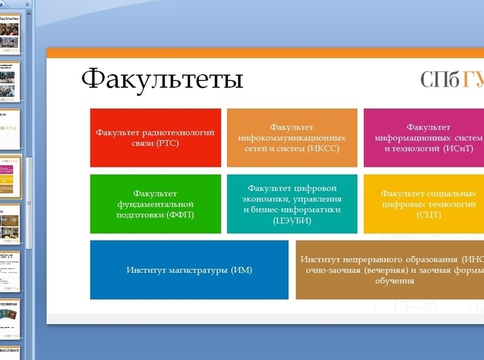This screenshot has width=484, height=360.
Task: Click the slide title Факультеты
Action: [x=162, y=79]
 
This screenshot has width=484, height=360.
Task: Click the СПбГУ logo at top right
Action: [x=452, y=79]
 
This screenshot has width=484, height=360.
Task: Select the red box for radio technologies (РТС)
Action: [x=155, y=137]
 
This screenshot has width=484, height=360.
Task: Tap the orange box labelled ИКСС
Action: [x=292, y=137]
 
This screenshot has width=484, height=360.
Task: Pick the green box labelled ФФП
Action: [x=155, y=204]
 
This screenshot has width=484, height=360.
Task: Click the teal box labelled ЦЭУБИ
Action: [x=292, y=204]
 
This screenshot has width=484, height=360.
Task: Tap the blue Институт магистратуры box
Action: [x=189, y=270]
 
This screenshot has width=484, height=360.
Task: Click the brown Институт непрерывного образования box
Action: [x=389, y=270]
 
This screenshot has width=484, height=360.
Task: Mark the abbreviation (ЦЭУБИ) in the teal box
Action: [x=292, y=220]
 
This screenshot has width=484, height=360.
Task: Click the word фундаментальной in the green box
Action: [x=155, y=204]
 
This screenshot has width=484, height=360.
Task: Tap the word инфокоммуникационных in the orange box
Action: [x=292, y=137]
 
